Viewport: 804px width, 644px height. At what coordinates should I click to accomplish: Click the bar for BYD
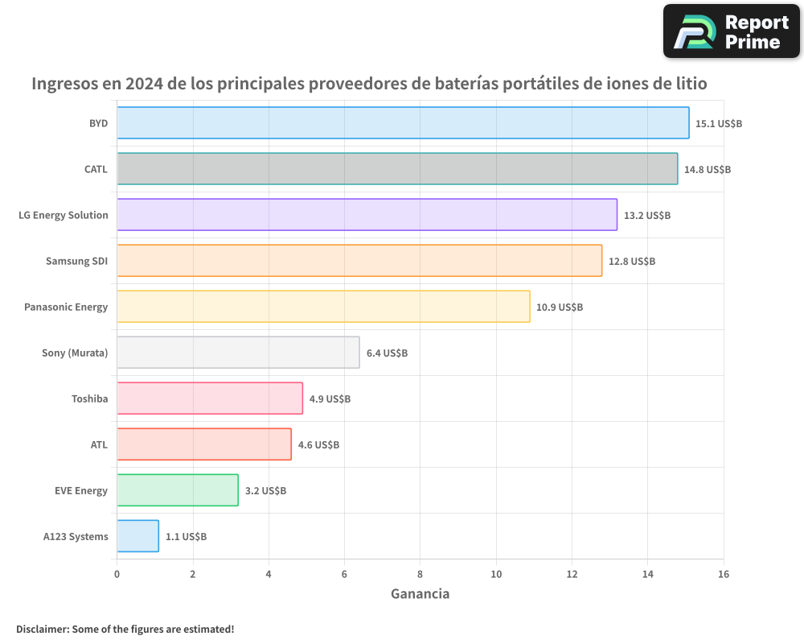pos(402,123)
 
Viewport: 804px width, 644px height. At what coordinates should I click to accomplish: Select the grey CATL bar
pos(397,169)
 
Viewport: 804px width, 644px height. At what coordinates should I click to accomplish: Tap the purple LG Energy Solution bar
pos(367,215)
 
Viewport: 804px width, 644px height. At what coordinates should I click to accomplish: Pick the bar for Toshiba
pos(210,398)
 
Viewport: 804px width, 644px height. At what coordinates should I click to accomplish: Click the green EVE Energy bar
pos(178,490)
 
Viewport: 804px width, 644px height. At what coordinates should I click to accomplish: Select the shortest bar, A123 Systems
pos(137,536)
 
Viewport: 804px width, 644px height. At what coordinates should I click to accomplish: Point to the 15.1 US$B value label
pos(719,124)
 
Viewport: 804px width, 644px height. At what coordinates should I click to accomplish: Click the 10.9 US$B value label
pos(560,308)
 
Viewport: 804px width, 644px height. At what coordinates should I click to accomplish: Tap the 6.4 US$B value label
pos(387,353)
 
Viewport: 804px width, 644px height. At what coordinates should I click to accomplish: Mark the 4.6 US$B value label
pos(318,445)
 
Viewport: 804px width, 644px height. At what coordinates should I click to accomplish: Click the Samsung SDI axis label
pos(76,261)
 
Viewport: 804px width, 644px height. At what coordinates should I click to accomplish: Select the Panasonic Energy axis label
pos(66,307)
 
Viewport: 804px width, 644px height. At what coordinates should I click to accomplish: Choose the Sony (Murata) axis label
pos(75,353)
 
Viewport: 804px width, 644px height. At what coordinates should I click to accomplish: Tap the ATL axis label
pos(99,444)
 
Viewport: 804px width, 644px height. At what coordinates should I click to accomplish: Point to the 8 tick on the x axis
pos(420,574)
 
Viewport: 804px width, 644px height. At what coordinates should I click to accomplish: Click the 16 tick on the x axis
pos(723,574)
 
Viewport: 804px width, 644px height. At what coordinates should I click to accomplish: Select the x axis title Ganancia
pos(420,594)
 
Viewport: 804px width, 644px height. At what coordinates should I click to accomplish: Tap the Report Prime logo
pos(732,31)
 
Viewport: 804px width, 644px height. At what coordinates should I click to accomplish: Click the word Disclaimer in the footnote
pos(42,630)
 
